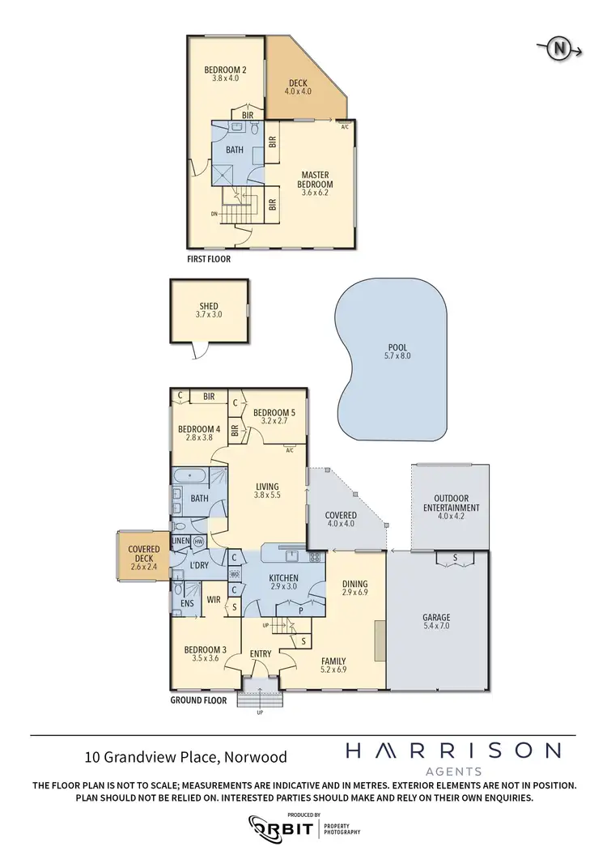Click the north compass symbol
[558, 49]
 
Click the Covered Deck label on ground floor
[142, 554]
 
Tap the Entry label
[261, 653]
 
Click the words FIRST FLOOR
[208, 260]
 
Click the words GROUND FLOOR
[198, 700]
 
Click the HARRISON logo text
[452, 751]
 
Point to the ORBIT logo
[283, 827]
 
